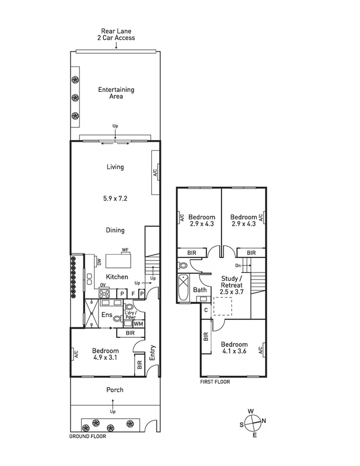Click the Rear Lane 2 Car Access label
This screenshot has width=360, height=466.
(x=116, y=34)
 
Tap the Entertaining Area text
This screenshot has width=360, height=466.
(x=116, y=93)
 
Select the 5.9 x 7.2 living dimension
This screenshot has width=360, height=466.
(x=115, y=199)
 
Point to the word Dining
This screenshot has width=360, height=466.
(x=115, y=230)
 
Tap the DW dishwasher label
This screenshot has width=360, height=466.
(x=99, y=262)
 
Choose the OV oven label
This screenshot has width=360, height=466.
(x=103, y=285)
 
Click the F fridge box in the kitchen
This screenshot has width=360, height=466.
(x=133, y=294)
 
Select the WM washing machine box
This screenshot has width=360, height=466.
(x=138, y=324)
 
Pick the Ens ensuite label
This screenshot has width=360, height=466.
(x=107, y=315)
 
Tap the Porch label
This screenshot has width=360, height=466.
(x=115, y=390)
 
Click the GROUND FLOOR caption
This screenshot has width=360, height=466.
(x=87, y=437)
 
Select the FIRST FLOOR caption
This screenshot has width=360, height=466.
(x=215, y=382)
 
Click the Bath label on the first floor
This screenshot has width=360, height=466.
(x=200, y=290)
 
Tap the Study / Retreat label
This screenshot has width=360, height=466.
(x=231, y=282)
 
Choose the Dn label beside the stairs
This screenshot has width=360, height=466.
(x=239, y=265)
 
